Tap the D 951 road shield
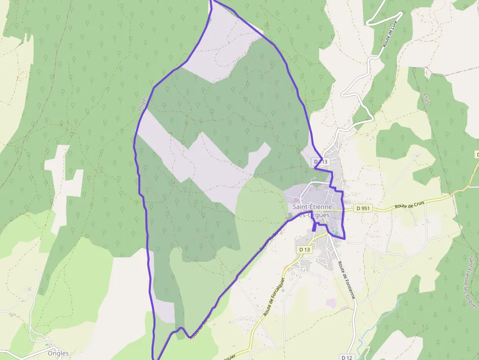click(363, 209)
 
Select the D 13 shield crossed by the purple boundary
click(321, 161)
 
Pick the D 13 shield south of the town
click(304, 250)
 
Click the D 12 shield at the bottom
click(347, 357)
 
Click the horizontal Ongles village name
click(58, 353)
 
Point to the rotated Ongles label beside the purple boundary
click(143, 103)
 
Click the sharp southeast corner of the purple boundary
click(345, 238)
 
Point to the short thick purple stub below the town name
click(314, 227)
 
